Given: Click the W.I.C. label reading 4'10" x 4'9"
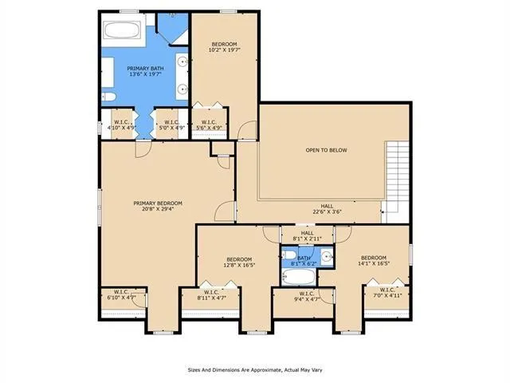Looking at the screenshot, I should coord(121,125).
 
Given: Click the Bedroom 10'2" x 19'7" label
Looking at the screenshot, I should coord(223,47).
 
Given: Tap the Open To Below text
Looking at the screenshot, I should coord(327,150).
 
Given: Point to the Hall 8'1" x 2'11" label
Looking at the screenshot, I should coord(306,235).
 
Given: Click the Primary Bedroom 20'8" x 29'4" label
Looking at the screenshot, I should coord(155,207).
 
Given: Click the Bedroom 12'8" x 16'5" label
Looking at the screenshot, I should coord(239,263).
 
